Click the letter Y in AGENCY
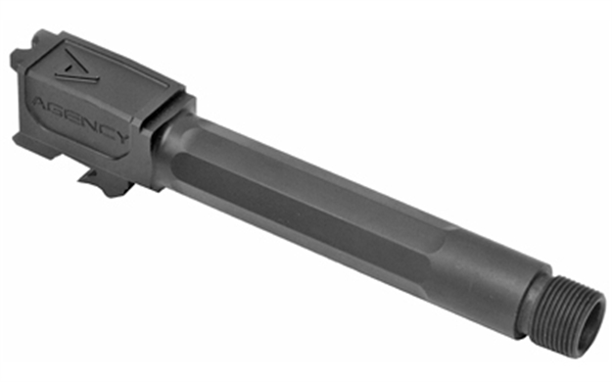pyautogui.click(x=118, y=137)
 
